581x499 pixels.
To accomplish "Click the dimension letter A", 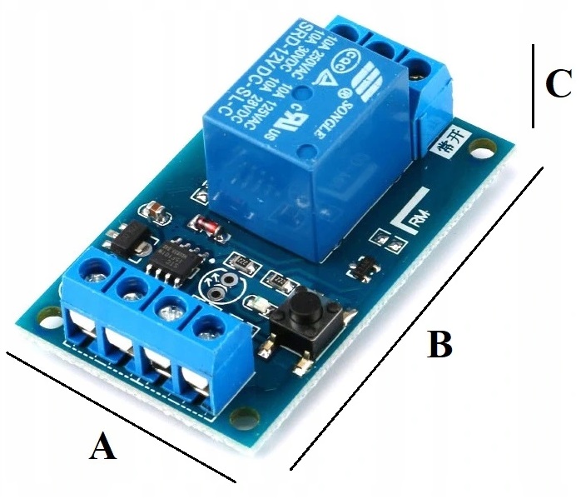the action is [x=102, y=447].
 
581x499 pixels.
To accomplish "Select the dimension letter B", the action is [x=439, y=343].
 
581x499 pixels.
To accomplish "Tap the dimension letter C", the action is [x=557, y=82].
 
